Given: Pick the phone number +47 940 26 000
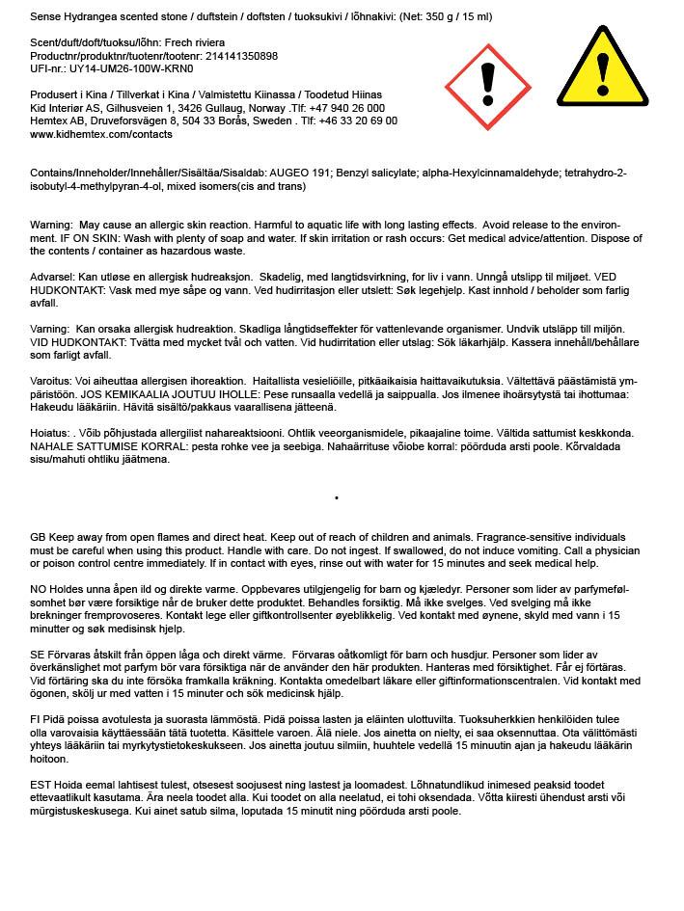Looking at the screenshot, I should [x=345, y=109].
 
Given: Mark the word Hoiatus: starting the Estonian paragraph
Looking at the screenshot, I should [x=51, y=433].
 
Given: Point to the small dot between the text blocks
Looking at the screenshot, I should [x=336, y=498].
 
